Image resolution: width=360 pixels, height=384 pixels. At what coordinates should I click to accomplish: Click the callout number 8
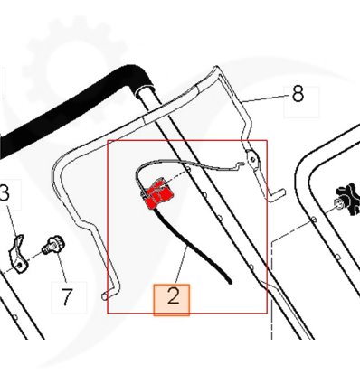(298, 94)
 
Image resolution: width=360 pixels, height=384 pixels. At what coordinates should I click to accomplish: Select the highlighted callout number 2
(173, 296)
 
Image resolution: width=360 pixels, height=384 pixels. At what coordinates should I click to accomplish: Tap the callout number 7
(67, 296)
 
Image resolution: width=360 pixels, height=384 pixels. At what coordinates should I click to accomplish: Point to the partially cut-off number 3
(5, 193)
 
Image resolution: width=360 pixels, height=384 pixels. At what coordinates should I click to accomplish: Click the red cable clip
(156, 193)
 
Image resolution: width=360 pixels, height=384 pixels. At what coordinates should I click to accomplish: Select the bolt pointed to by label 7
(53, 246)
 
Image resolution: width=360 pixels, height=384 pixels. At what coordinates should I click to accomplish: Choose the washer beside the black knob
(337, 204)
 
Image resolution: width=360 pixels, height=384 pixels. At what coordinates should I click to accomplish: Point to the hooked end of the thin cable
(240, 165)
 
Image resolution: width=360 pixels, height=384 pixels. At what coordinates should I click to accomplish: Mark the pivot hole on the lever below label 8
(253, 159)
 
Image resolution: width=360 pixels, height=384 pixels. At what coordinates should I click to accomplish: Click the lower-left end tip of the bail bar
(104, 296)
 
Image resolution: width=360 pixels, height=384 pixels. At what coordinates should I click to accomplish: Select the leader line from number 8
(266, 98)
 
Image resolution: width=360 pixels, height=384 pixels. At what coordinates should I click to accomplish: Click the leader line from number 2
(181, 266)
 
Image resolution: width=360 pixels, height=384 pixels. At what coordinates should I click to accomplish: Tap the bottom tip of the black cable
(231, 283)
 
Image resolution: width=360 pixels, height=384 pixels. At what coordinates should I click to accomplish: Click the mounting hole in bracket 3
(19, 266)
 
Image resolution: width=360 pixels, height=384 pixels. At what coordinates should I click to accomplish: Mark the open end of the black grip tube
(146, 89)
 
